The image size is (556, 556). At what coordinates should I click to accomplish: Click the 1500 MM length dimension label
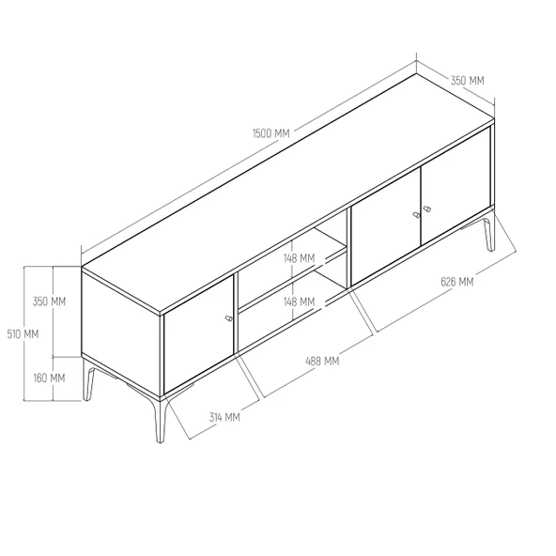tap(271, 133)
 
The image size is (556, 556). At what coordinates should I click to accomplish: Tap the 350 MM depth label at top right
tap(467, 82)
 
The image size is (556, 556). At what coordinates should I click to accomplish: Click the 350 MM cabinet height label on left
tap(49, 301)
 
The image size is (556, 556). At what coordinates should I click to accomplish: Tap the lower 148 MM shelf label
tap(300, 302)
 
